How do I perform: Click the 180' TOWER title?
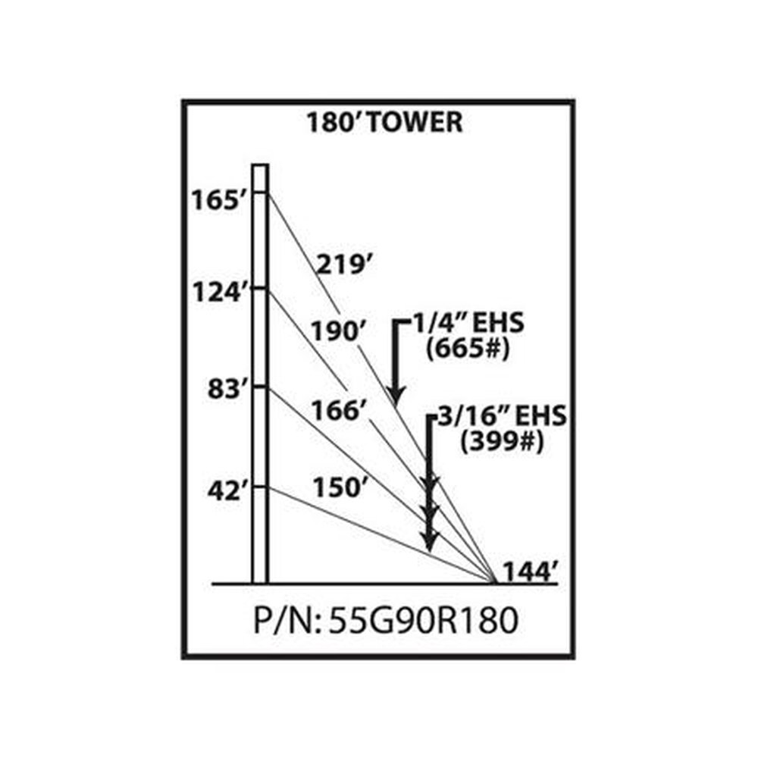[385, 122]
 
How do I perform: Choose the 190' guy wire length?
[338, 332]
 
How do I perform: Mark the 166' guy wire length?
[338, 411]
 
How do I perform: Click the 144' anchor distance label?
[531, 572]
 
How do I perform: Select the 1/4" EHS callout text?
[468, 323]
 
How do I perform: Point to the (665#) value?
[468, 349]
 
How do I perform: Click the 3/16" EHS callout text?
[501, 415]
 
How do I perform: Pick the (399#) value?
[502, 442]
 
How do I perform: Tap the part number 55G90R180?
[424, 621]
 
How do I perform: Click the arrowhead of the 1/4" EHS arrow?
[396, 396]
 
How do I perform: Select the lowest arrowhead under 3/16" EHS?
[429, 541]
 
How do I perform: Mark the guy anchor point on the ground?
[494, 582]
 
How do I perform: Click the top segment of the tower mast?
[260, 178]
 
